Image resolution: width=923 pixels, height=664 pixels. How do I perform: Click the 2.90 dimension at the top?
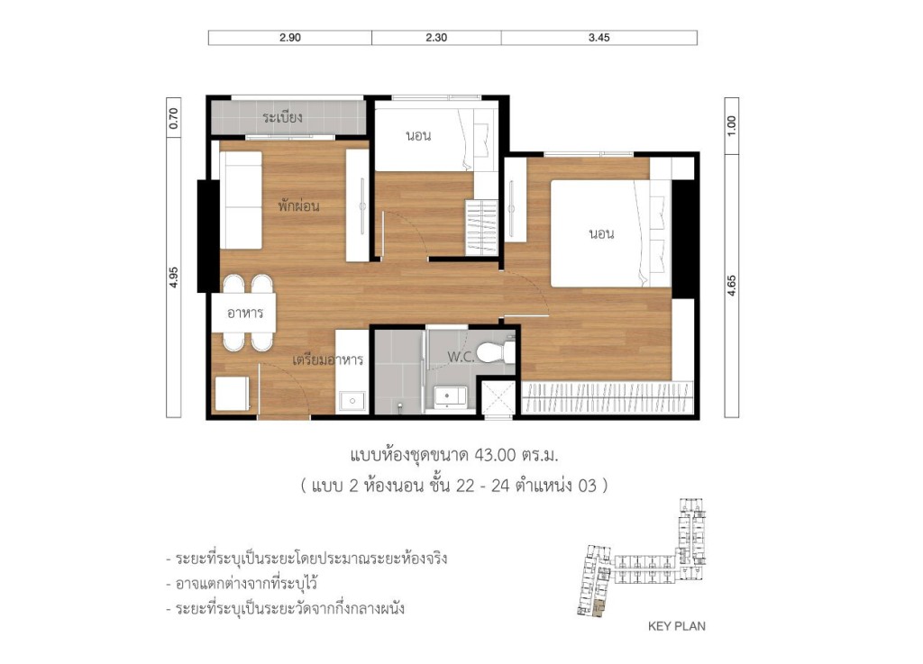pyautogui.click(x=289, y=38)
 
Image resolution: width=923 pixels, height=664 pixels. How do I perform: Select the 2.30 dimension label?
pyautogui.click(x=436, y=38)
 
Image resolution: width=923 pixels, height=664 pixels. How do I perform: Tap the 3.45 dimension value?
pyautogui.click(x=599, y=38)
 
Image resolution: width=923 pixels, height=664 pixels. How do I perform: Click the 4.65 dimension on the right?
pyautogui.click(x=732, y=283)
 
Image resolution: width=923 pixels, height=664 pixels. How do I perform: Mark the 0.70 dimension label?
pyautogui.click(x=174, y=120)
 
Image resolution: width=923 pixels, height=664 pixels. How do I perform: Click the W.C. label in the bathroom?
pyautogui.click(x=463, y=357)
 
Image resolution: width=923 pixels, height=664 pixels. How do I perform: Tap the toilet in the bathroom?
pyautogui.click(x=495, y=351)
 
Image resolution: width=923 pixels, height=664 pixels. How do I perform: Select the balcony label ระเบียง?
pyautogui.click(x=282, y=117)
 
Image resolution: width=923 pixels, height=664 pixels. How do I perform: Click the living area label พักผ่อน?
pyautogui.click(x=298, y=205)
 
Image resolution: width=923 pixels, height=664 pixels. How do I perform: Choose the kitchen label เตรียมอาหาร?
pyautogui.click(x=327, y=359)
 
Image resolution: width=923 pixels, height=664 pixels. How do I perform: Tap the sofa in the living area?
pyautogui.click(x=241, y=200)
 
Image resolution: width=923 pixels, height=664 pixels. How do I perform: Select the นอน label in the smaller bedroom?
pyautogui.click(x=418, y=136)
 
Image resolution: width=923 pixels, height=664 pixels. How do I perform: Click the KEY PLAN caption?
pyautogui.click(x=676, y=626)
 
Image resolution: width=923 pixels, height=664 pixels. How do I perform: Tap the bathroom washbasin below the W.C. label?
pyautogui.click(x=448, y=396)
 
